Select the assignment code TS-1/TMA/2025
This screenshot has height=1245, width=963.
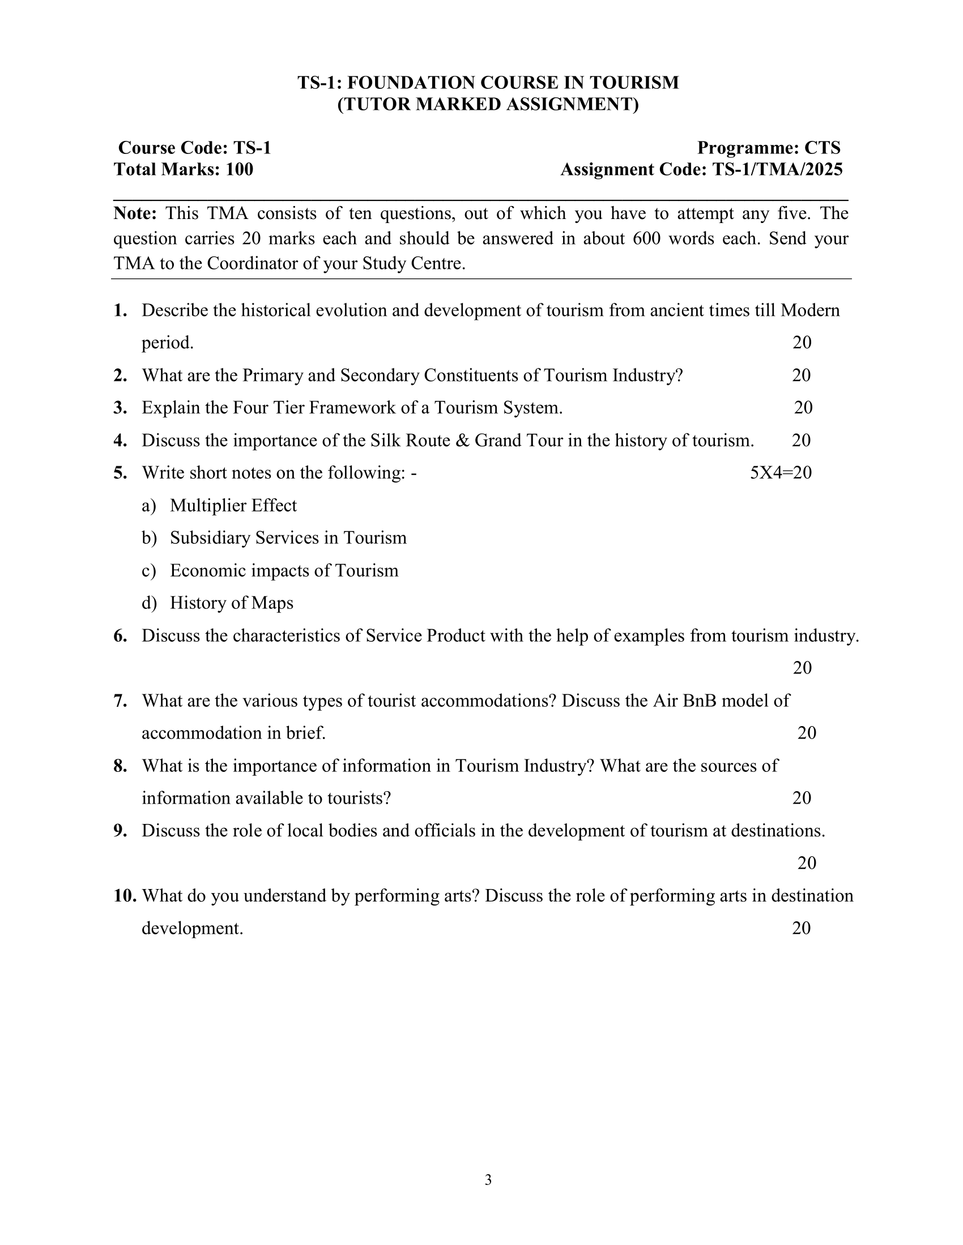(x=777, y=169)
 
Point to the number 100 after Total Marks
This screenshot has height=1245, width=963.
(x=239, y=169)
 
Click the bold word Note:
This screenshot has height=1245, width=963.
(x=135, y=213)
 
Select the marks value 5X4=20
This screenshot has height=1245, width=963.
(x=781, y=473)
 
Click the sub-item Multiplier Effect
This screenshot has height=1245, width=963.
(x=233, y=505)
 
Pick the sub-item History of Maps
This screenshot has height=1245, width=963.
(x=232, y=603)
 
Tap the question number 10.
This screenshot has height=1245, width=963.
(x=125, y=896)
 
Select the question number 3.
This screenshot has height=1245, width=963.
(x=120, y=407)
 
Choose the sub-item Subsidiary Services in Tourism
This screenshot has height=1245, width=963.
(x=288, y=538)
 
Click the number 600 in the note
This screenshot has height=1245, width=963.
(x=646, y=238)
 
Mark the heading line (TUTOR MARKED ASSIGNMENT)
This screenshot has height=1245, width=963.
(x=488, y=105)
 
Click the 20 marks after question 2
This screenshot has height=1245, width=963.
(x=801, y=375)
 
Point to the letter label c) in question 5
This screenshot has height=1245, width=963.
(x=148, y=570)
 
